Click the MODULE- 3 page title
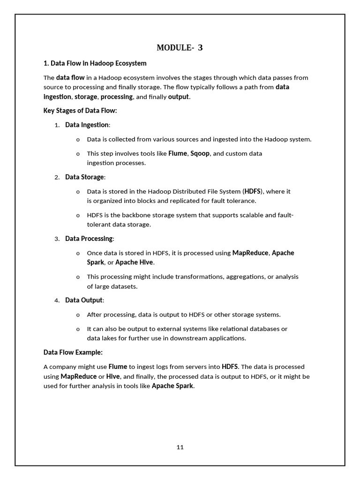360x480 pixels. coord(180,47)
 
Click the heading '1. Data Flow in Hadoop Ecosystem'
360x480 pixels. coord(95,63)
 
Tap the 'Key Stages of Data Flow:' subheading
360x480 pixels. coord(80,111)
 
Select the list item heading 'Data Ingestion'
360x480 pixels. coord(87,125)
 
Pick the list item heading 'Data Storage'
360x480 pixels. coord(84,177)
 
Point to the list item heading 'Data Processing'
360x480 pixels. coord(89,239)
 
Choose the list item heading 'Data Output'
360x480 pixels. coord(83,300)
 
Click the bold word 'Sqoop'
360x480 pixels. coord(200,153)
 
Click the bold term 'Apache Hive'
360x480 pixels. coord(134,262)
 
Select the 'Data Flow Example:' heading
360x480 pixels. coord(73,352)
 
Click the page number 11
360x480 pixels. coord(180,447)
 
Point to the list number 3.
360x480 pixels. coord(57,239)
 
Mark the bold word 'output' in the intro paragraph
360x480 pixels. coord(178,97)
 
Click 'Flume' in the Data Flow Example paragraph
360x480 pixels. coord(118,367)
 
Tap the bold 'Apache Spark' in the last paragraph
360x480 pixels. coord(172,386)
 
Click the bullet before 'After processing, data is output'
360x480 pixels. coord(78,315)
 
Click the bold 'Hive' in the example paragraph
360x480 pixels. coord(113,376)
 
